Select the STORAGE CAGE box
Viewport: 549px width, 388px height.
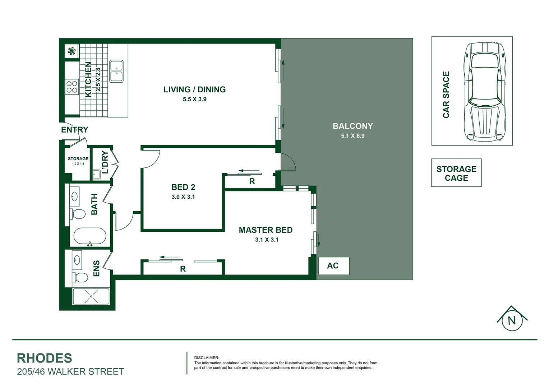pos(456,173)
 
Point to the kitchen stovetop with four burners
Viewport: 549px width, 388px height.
pos(72,86)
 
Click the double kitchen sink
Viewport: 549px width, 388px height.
pos(116,71)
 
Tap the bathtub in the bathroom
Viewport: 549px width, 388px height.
pos(90,237)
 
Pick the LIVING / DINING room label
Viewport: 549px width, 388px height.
pos(194,89)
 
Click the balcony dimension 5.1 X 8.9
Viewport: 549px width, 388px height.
pos(352,136)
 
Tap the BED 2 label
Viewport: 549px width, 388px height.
pos(183,187)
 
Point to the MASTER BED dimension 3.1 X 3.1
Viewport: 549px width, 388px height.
pos(267,240)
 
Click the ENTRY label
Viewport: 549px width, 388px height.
pos(75,130)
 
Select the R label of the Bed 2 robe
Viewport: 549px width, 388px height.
pos(252,181)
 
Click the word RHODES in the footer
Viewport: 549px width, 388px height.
pos(45,358)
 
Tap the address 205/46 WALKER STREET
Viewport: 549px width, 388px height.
pos(70,371)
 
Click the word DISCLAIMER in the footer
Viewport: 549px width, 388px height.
pos(206,358)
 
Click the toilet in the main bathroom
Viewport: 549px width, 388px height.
pos(78,214)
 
